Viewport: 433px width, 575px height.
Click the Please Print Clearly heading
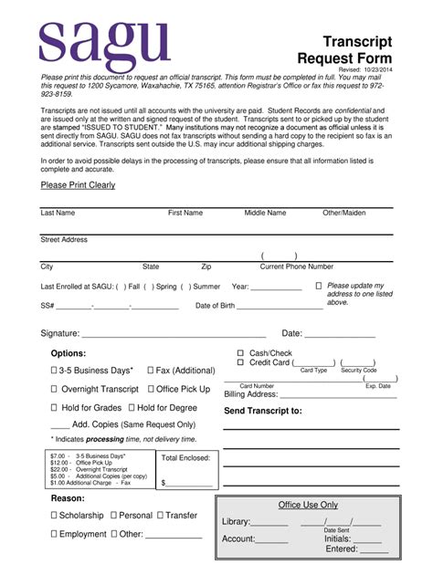78,185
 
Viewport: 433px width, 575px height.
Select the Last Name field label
58,213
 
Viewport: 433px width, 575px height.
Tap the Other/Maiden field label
343,213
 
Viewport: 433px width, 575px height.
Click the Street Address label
64,239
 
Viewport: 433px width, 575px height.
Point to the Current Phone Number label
297,267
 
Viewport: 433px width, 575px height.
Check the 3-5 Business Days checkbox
54,371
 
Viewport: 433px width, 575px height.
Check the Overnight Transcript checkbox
54,389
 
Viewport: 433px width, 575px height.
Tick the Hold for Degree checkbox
132,408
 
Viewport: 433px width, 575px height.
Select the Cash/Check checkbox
241,353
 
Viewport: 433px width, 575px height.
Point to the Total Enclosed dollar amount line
188,483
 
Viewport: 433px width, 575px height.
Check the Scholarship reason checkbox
54,516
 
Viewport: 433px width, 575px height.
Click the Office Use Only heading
308,505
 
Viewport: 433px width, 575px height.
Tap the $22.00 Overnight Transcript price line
87,469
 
